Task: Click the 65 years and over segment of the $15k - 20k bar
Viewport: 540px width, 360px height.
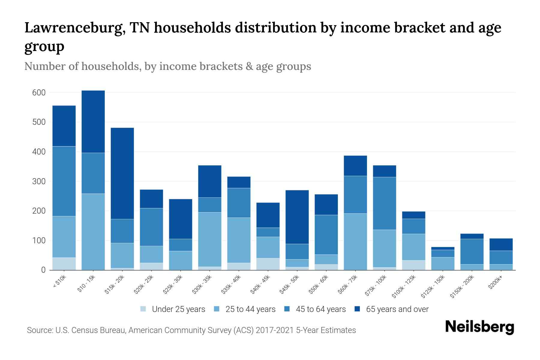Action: [122, 173]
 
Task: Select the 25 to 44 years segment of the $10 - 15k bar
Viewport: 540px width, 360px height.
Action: [93, 232]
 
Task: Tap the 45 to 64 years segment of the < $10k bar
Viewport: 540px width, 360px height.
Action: [64, 181]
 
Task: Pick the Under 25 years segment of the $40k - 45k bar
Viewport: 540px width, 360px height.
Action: [268, 264]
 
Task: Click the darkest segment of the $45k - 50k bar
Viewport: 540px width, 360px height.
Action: [297, 217]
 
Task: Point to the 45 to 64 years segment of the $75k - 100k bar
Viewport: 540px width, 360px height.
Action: [384, 203]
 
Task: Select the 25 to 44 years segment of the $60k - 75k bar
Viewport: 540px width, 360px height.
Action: [355, 241]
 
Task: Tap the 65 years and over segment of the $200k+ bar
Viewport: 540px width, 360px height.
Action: [501, 244]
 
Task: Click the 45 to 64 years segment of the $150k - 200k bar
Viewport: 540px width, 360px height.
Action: [472, 251]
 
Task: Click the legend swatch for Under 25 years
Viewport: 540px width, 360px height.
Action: [143, 309]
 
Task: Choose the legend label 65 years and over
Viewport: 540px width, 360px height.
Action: [397, 309]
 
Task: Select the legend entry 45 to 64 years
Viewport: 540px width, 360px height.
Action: [320, 309]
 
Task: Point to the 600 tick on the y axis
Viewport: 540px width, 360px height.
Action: [39, 93]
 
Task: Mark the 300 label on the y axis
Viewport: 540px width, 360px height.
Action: [39, 181]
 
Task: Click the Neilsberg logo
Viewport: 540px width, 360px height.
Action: [479, 327]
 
